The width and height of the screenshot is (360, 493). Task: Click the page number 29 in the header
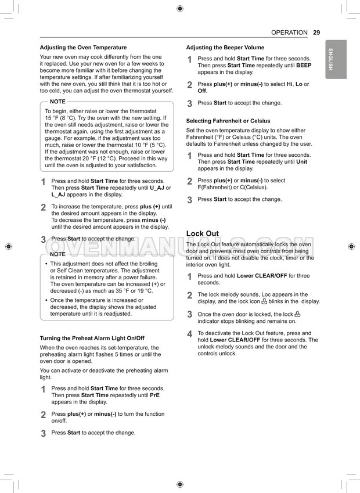(316, 33)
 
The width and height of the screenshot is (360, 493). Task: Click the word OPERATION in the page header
(289, 33)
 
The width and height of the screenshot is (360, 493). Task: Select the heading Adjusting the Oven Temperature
(83, 48)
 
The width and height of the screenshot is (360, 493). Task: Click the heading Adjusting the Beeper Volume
(225, 48)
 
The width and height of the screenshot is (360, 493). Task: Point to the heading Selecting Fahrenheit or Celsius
(228, 121)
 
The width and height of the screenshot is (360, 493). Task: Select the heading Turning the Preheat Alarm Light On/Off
(92, 338)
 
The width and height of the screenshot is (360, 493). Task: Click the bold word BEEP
(304, 66)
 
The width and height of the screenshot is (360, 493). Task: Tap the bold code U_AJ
(157, 188)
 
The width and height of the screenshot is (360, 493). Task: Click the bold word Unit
(302, 162)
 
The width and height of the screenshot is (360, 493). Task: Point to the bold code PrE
(155, 395)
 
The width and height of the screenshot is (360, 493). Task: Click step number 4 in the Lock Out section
(189, 334)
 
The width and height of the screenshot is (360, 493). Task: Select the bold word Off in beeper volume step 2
(202, 91)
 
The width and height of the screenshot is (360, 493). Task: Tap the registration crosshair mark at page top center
(180, 9)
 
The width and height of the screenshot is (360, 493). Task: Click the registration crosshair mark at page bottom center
(180, 484)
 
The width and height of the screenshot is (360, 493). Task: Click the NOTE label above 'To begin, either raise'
(58, 102)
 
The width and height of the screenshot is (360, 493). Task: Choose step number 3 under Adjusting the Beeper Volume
(189, 103)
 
